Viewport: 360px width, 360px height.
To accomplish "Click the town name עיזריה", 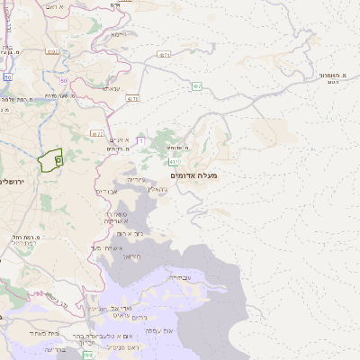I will pyautogui.click(x=135, y=180).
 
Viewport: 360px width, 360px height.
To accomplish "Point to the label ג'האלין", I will pyautogui.click(x=156, y=190).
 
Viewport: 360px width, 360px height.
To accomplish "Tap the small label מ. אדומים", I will pyautogui.click(x=176, y=147).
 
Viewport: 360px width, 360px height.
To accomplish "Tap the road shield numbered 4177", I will pyautogui.click(x=97, y=133).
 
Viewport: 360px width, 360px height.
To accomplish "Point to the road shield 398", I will pyautogui.click(x=87, y=356).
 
